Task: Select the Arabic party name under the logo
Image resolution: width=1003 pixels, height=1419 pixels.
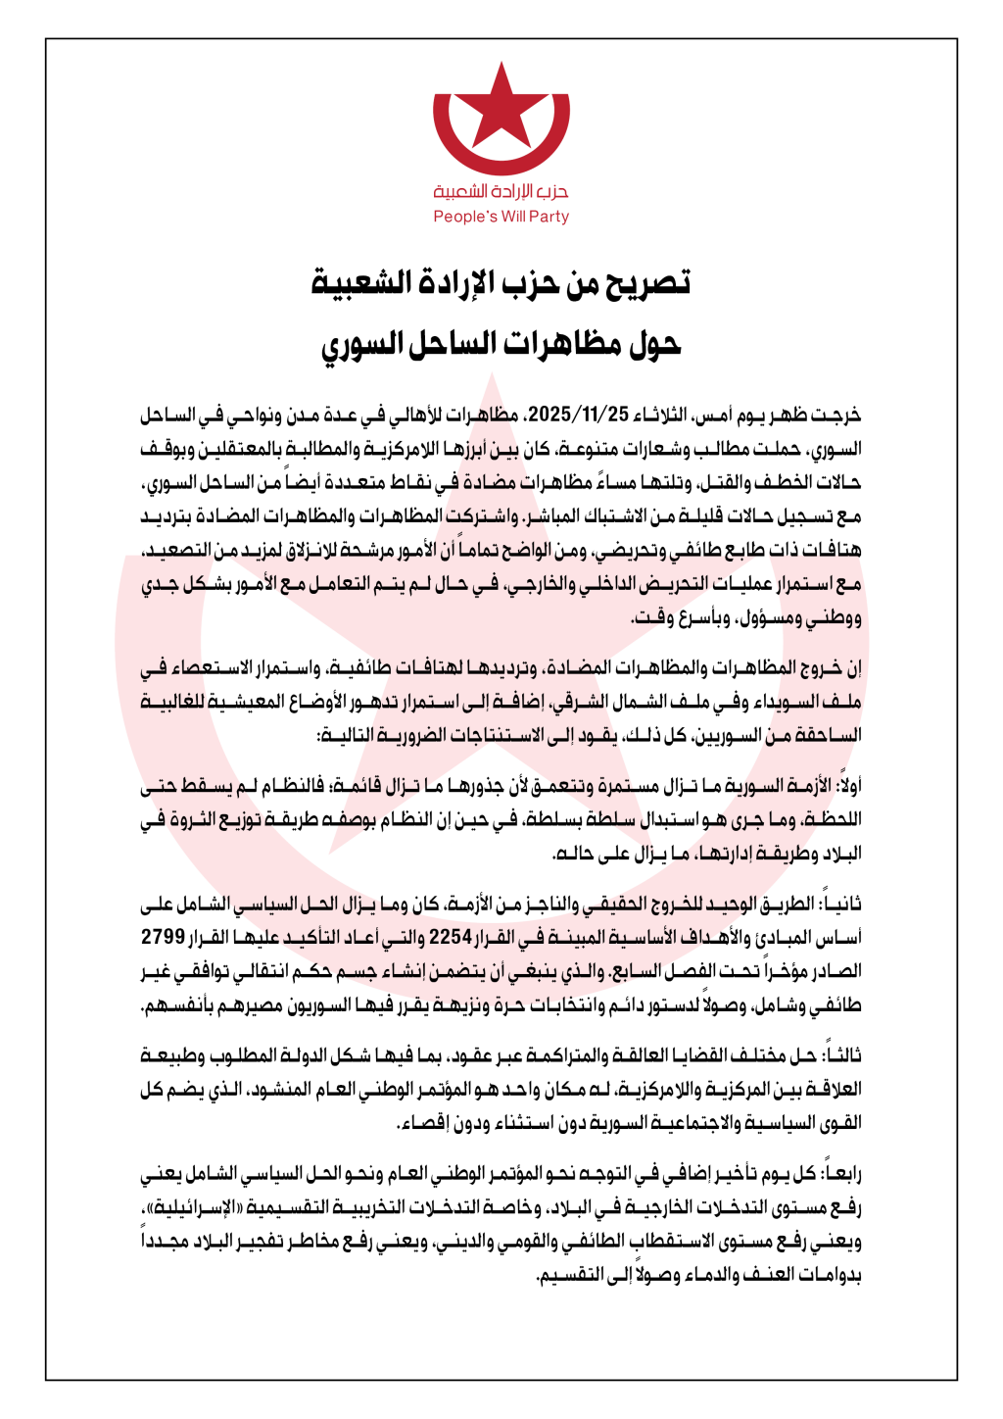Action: click(501, 191)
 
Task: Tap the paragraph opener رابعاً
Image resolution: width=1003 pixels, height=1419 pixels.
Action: click(841, 1173)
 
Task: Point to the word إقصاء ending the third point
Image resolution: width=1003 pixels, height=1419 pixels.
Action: click(423, 1123)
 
